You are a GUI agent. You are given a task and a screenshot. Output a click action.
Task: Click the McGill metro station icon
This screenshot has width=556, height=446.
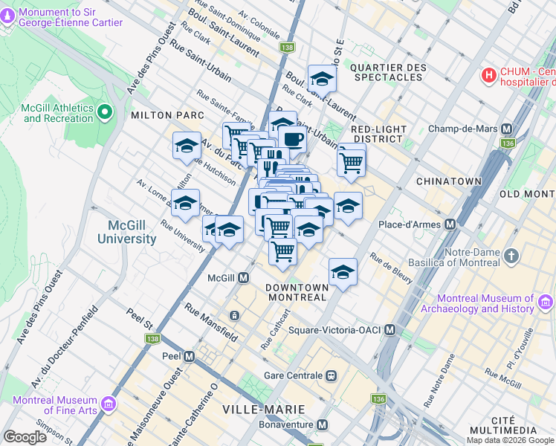coord(243,278)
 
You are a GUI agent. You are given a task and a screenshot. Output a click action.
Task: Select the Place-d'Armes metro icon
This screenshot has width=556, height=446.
coord(450,224)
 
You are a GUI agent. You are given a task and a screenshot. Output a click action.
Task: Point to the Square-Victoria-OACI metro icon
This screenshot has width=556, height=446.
coord(389,329)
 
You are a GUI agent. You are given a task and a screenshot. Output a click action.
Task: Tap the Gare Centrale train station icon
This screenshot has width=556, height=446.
coord(331,375)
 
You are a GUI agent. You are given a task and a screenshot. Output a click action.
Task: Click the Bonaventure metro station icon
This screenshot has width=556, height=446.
coord(322,424)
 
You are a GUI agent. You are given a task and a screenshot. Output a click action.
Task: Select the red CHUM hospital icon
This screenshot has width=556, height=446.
coord(489,75)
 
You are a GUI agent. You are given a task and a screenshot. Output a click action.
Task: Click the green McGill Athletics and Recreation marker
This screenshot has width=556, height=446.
coord(105,113)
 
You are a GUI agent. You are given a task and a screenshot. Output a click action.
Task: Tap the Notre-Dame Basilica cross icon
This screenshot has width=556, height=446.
coord(510,256)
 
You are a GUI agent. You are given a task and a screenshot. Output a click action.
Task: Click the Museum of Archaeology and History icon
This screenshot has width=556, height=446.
coord(546,303)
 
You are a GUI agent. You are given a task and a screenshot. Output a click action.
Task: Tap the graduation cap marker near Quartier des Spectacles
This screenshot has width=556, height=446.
coord(322,78)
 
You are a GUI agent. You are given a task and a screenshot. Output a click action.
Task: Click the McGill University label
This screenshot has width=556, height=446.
coord(127,233)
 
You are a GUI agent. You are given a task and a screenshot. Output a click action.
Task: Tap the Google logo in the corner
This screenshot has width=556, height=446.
coord(26,437)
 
